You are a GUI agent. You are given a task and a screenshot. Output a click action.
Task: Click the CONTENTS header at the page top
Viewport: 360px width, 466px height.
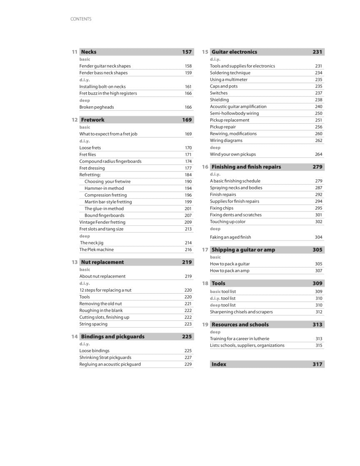point(81,19)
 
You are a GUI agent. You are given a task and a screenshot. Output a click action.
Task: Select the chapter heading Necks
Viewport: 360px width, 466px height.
point(88,52)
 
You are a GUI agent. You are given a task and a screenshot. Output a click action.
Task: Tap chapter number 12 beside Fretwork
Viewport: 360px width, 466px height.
point(75,120)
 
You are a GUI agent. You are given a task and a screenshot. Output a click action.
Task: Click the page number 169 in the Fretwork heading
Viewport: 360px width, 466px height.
point(187,120)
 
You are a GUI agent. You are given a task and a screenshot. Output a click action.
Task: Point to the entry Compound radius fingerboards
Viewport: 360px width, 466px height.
point(110,161)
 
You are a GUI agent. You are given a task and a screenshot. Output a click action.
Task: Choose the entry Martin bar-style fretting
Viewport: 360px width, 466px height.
point(108,202)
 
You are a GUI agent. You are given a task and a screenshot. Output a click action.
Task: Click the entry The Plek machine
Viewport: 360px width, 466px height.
point(96,250)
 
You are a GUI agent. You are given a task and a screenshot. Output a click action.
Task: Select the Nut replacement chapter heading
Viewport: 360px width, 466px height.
point(102,262)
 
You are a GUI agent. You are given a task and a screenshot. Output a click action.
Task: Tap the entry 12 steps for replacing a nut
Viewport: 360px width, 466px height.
point(105,290)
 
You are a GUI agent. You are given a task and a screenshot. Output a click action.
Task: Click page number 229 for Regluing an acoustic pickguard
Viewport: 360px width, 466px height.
point(188,364)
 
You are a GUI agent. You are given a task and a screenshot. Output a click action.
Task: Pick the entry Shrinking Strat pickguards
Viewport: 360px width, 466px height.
point(105,358)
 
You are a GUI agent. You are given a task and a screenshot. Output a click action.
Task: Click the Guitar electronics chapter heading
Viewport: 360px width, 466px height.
point(234,52)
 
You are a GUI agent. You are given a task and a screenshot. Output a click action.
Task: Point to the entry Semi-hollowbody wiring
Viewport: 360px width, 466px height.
point(234,113)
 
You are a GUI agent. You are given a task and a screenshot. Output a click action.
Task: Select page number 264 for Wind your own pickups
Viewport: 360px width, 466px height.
point(318,154)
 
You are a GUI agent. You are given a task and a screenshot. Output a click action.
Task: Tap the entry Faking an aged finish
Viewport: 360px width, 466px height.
point(230,237)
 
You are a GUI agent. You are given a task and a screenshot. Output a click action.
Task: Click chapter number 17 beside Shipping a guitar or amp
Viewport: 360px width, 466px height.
point(205,250)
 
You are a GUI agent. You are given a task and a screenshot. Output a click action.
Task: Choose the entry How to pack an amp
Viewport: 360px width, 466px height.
point(230,271)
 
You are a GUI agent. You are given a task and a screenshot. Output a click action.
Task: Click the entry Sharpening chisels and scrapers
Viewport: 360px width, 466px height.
point(241,312)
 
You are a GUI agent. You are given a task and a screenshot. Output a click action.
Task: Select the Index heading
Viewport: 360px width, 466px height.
point(219,364)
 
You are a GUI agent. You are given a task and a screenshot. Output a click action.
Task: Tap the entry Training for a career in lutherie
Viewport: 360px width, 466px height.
point(240,339)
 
